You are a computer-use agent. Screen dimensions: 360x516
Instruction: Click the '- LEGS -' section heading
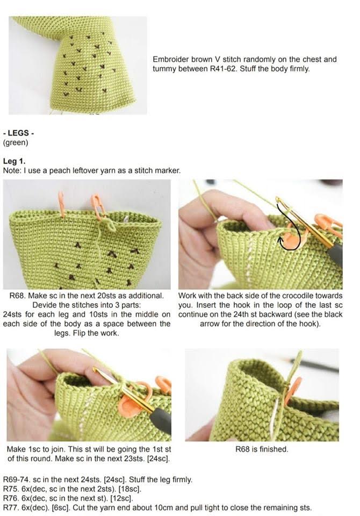point(18,133)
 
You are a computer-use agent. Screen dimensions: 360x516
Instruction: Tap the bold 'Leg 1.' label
point(14,161)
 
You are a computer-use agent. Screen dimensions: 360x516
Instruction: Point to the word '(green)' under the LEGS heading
point(16,142)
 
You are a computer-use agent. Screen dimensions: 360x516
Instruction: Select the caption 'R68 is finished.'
point(262,449)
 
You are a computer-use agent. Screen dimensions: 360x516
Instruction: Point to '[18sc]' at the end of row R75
point(131,489)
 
